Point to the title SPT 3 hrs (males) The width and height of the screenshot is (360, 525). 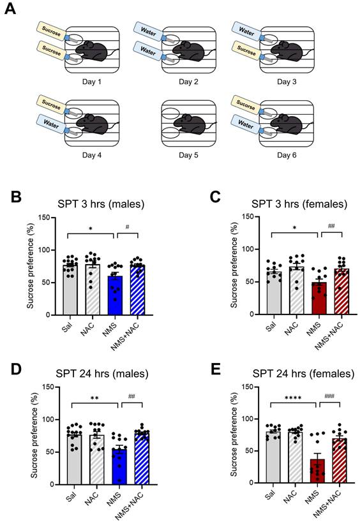[x=98, y=205]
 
